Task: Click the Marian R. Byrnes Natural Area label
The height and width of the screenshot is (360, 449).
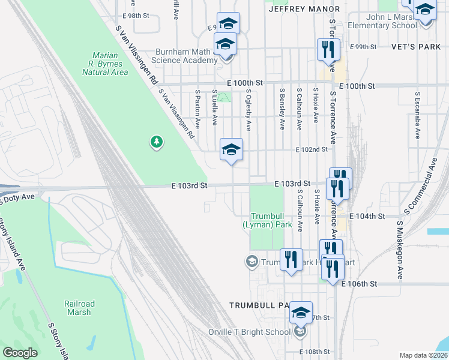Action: click(x=105, y=64)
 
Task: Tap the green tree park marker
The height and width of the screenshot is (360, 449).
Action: click(x=157, y=142)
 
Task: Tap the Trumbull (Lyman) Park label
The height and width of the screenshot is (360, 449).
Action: click(x=267, y=220)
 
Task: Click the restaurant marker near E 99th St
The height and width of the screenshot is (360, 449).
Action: click(x=328, y=49)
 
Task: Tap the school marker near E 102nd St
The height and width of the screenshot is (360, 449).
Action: click(x=231, y=149)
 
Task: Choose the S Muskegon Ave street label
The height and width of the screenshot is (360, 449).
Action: click(x=398, y=250)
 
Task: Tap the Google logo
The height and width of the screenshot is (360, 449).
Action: click(x=20, y=353)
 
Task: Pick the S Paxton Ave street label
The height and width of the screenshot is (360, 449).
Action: click(x=197, y=109)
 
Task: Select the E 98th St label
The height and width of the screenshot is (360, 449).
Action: click(x=135, y=16)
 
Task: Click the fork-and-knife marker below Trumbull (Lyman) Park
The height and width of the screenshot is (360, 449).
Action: click(x=291, y=260)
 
